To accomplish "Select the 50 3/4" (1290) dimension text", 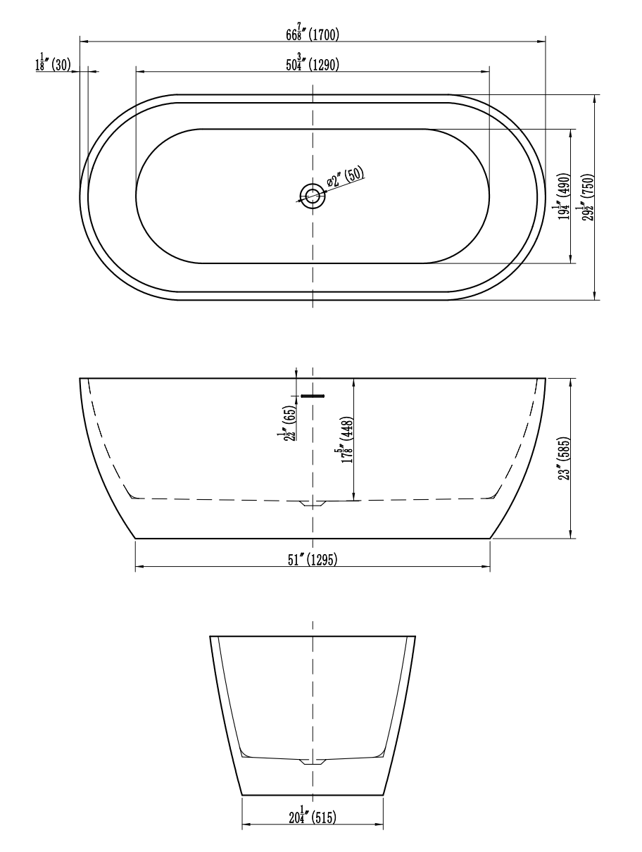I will (x=313, y=65).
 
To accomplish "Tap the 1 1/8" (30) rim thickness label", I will (x=53, y=65).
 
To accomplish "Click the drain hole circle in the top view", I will (x=312, y=195).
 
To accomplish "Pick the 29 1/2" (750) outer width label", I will (x=586, y=196).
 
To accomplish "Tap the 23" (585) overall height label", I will (x=564, y=458).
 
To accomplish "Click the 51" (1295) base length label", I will (x=313, y=559).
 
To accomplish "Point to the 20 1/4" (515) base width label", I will (x=313, y=817).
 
